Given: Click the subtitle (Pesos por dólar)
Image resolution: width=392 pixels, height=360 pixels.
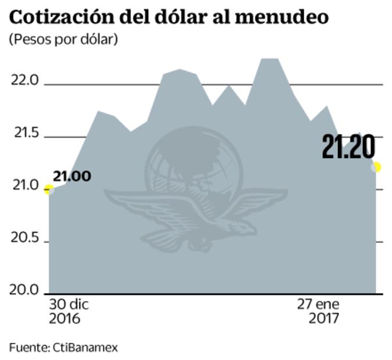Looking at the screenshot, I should pos(64,40).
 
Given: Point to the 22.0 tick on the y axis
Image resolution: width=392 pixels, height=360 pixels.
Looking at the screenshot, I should pos(24,81).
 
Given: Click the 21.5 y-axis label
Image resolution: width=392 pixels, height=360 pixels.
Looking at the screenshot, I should pos(24,134).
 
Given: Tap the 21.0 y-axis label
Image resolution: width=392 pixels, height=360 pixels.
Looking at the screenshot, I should pos(24,186).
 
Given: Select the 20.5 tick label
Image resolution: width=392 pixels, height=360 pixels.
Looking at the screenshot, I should pos(24,239).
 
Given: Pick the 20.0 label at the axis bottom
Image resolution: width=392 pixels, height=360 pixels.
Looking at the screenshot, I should pos(24,290).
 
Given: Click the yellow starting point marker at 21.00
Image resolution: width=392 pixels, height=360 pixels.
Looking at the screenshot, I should pos(49,189).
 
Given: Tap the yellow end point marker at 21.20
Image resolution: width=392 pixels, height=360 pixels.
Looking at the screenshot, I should pos(376,167).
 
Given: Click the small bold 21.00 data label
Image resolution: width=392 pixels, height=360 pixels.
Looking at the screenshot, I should pos(72,176).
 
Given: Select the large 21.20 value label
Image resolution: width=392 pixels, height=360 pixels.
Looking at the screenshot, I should pos(349,146).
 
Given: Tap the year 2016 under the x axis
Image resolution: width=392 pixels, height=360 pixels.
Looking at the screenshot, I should pos(64,319).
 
